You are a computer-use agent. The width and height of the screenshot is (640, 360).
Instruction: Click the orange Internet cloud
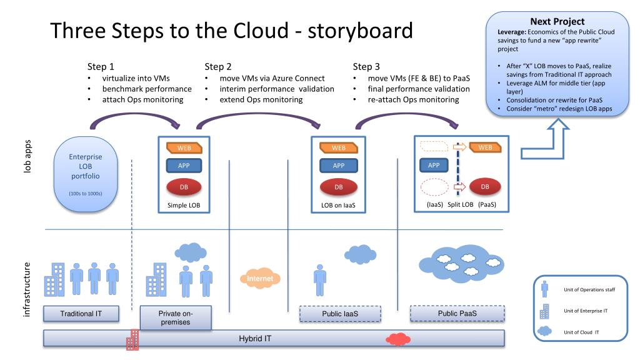point(260,278)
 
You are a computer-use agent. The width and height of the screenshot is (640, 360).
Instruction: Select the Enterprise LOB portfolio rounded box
point(85,174)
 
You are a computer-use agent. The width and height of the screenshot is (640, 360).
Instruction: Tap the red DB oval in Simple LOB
point(184,187)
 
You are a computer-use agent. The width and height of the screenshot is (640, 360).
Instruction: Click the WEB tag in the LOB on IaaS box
point(338,147)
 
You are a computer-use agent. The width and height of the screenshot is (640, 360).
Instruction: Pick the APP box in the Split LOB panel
point(434,165)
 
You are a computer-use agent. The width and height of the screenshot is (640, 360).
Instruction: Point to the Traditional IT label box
point(81,314)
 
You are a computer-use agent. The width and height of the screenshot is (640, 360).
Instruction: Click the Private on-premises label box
point(176,317)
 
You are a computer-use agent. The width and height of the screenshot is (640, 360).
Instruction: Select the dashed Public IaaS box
point(340,314)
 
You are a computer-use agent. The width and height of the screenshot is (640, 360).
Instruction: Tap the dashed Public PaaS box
point(457,314)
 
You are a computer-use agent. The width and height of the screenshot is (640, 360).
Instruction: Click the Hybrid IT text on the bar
point(255,338)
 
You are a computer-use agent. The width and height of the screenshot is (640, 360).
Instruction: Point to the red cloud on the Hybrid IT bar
point(398,339)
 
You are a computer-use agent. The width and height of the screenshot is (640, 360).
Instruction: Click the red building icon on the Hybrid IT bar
point(132,339)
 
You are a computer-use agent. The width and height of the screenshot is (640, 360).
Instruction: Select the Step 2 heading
point(218,66)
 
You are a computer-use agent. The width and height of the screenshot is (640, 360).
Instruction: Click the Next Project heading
point(557,22)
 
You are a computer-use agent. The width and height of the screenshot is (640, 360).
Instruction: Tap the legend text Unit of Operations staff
point(589,290)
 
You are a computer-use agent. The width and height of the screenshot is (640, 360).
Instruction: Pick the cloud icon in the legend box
point(544,331)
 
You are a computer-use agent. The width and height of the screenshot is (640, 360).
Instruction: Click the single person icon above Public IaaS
point(320,280)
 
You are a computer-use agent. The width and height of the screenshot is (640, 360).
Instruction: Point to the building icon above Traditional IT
point(54,279)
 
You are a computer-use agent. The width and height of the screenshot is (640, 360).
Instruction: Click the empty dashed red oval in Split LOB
point(435,187)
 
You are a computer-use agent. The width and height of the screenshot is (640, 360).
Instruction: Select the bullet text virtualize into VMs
point(136,78)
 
